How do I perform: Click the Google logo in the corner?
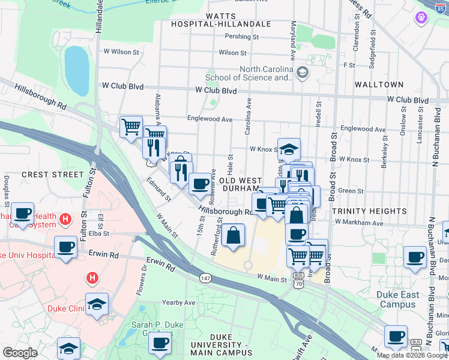tap(20, 353)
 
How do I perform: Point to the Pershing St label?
tap(241, 37)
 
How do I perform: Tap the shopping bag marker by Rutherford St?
tap(234, 236)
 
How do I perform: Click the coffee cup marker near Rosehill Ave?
tap(200, 184)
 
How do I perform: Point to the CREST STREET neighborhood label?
tap(52, 175)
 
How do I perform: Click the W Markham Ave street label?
tap(359, 223)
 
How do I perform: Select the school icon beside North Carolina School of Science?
tap(302, 73)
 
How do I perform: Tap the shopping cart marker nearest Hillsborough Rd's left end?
tap(131, 127)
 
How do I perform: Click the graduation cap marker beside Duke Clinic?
tap(97, 304)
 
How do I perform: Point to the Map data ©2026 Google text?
tap(411, 355)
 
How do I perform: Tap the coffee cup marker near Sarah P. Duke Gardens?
tap(160, 343)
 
